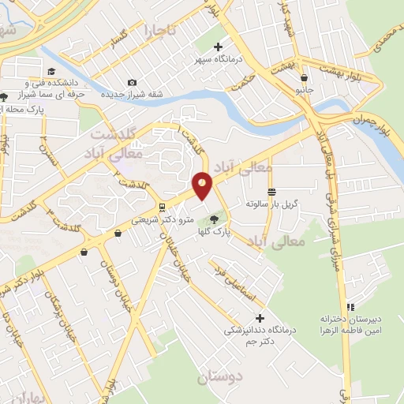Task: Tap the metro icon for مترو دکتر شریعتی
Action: pyautogui.click(x=162, y=208)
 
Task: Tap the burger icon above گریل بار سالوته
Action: pyautogui.click(x=271, y=192)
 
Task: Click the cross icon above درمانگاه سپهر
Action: pyautogui.click(x=218, y=47)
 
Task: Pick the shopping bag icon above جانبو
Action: pyautogui.click(x=305, y=77)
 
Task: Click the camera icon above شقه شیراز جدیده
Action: pyautogui.click(x=131, y=83)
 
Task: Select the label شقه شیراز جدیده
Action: pyautogui.click(x=131, y=95)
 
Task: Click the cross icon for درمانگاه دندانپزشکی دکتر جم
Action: pyautogui.click(x=260, y=318)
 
